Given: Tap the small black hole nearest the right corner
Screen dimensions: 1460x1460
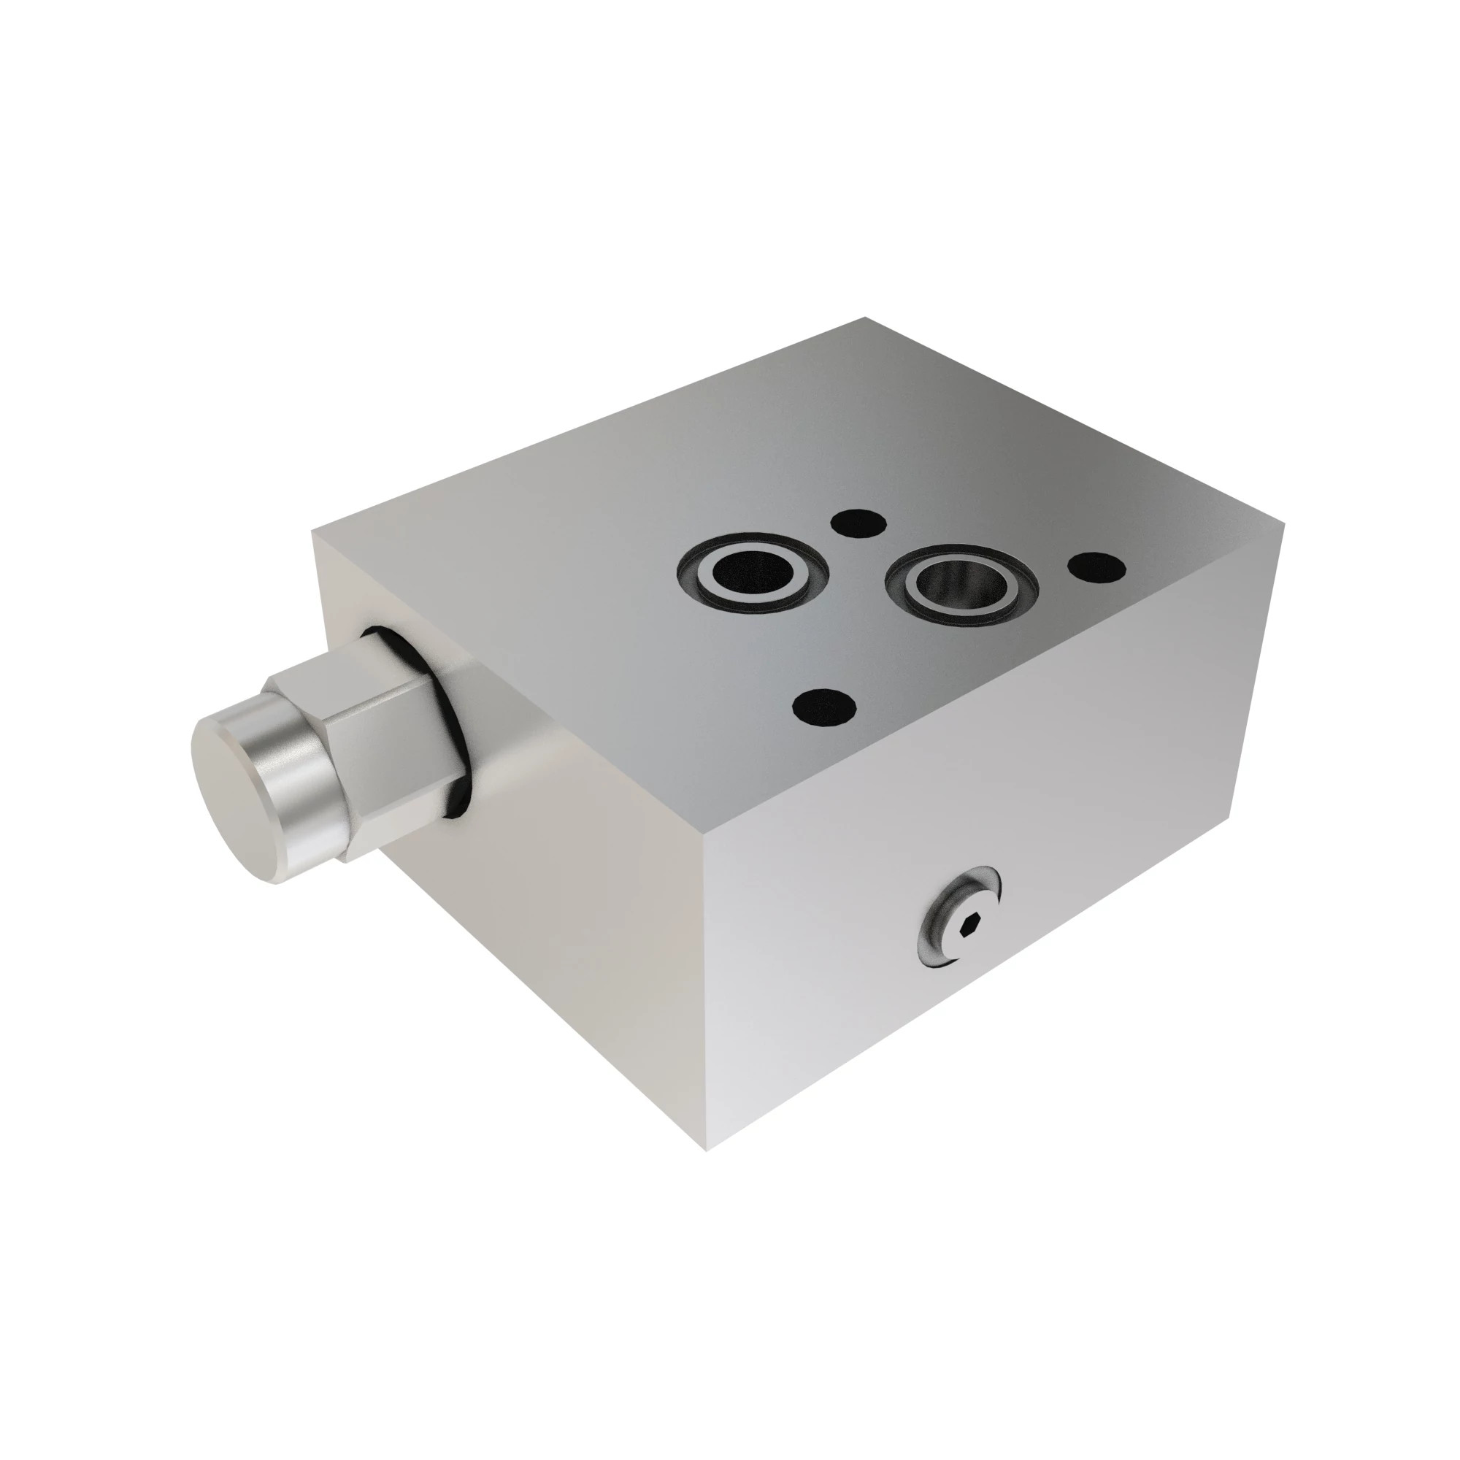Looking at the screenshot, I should pos(1096,566).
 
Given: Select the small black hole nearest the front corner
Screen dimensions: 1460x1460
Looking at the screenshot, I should pos(824,707).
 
